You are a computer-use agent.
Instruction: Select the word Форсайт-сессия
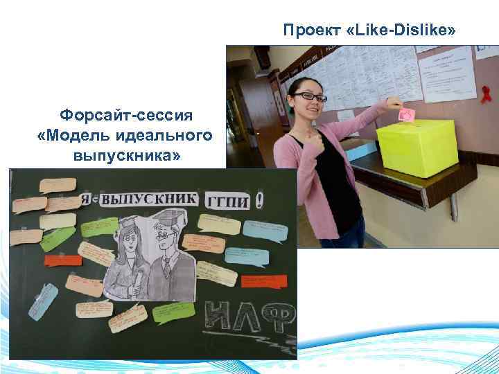125,114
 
